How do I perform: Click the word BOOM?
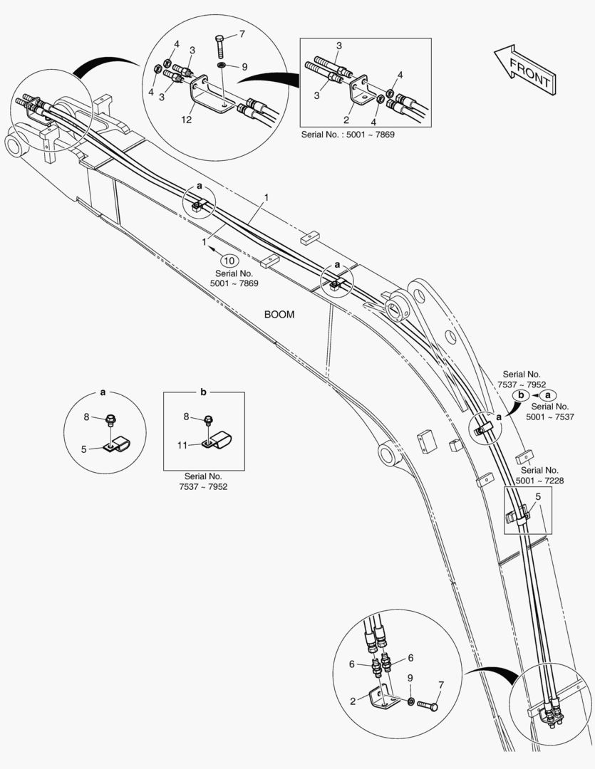[x=279, y=314]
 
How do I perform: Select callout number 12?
[x=186, y=120]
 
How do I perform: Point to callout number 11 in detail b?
[x=182, y=445]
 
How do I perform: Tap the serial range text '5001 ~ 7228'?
[x=541, y=480]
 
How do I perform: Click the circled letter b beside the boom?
[x=521, y=394]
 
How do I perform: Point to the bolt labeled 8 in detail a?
[x=111, y=421]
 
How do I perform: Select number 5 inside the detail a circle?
[x=84, y=449]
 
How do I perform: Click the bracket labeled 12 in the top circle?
[x=203, y=100]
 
